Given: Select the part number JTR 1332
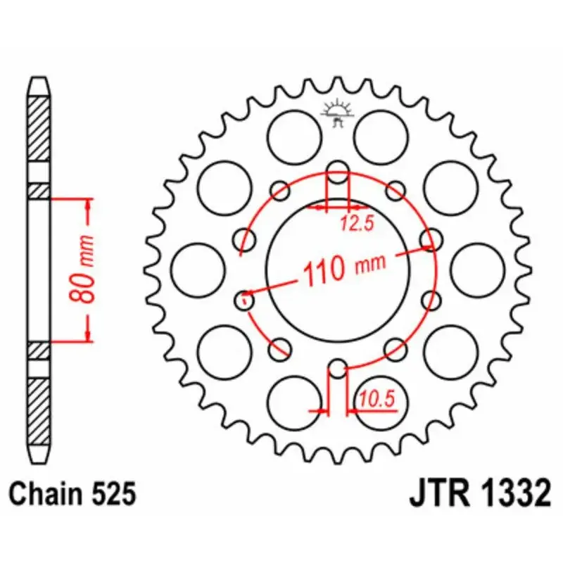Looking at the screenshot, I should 479,493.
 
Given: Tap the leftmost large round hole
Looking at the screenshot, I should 198,270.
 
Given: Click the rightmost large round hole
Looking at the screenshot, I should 477,270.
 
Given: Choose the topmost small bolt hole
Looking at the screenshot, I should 339,170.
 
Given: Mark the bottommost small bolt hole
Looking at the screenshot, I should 339,369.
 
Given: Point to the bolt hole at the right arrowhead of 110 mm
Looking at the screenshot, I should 431,239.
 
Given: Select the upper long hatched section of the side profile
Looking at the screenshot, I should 39,131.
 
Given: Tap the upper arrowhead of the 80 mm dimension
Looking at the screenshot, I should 89,203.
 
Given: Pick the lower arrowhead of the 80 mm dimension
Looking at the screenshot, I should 89,336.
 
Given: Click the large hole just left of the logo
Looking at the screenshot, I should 296,137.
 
